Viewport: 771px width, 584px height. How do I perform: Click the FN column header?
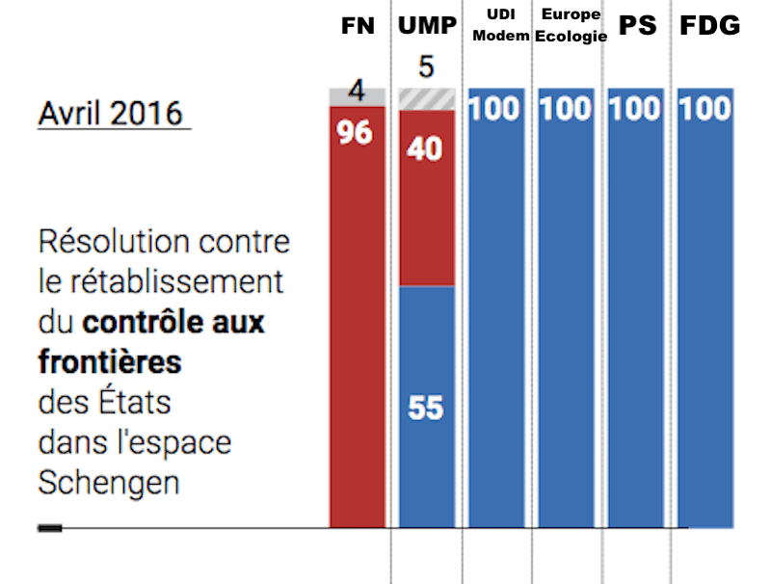(x=358, y=26)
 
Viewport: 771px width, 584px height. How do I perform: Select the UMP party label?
(x=427, y=26)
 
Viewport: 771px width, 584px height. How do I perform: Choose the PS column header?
(x=637, y=26)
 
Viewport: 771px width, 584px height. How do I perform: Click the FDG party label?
(x=710, y=26)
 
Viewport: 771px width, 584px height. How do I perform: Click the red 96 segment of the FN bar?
(x=358, y=318)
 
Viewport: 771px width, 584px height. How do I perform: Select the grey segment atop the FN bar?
(x=358, y=97)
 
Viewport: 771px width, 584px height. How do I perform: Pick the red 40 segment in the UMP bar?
(x=427, y=198)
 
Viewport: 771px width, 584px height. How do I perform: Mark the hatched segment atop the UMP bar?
(x=427, y=98)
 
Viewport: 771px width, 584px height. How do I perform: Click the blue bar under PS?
(x=636, y=318)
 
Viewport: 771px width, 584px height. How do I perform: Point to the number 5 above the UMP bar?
(x=427, y=67)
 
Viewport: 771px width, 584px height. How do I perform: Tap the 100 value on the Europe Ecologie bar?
(x=566, y=108)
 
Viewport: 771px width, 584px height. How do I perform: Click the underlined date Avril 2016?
(x=110, y=113)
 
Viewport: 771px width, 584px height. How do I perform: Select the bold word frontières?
(x=110, y=361)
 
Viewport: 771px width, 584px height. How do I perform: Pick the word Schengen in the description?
(x=109, y=482)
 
